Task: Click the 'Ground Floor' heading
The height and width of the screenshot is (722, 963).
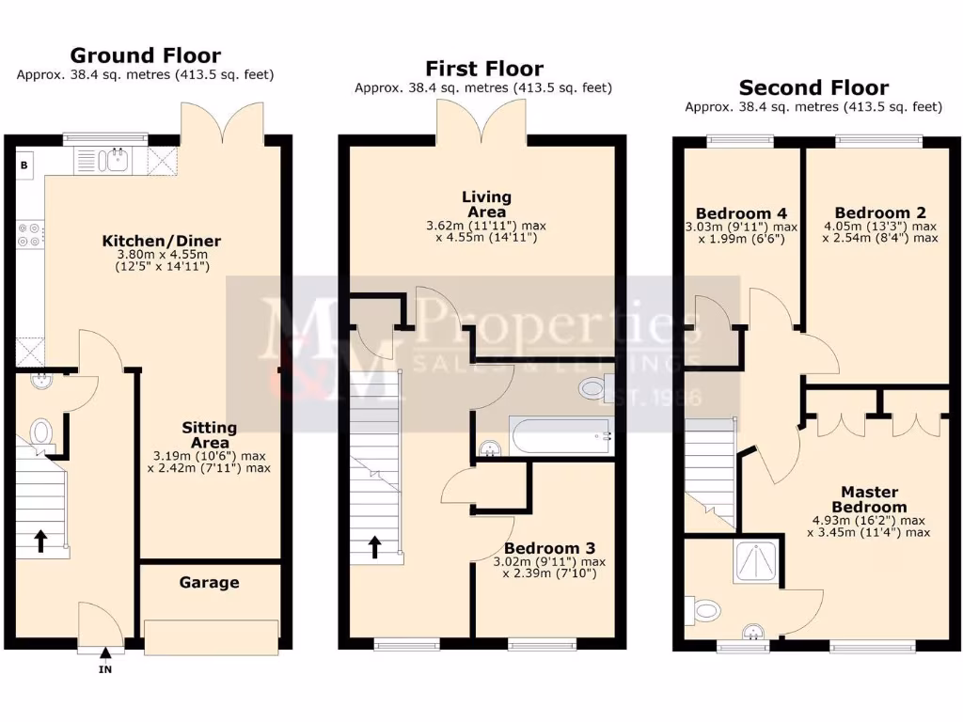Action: (x=145, y=55)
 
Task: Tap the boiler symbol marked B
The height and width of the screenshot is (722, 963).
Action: (x=24, y=165)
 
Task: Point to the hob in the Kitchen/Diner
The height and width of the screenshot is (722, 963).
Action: (x=29, y=234)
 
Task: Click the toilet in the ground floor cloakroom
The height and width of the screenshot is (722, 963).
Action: (x=40, y=433)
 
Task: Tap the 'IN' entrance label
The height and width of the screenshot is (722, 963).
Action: (x=105, y=669)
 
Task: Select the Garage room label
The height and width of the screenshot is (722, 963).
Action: (x=209, y=582)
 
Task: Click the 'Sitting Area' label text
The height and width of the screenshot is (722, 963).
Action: (x=209, y=434)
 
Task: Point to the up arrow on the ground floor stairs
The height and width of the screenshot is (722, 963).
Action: (x=41, y=540)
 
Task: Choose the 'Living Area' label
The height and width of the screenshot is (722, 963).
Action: (x=486, y=204)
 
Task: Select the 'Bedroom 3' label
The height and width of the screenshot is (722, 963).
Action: (x=549, y=548)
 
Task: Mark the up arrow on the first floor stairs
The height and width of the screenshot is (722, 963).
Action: (x=374, y=546)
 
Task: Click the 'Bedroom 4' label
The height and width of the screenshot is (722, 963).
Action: (x=741, y=213)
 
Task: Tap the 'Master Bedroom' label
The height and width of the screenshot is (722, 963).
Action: (x=869, y=499)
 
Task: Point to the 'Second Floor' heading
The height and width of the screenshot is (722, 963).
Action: (x=813, y=88)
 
